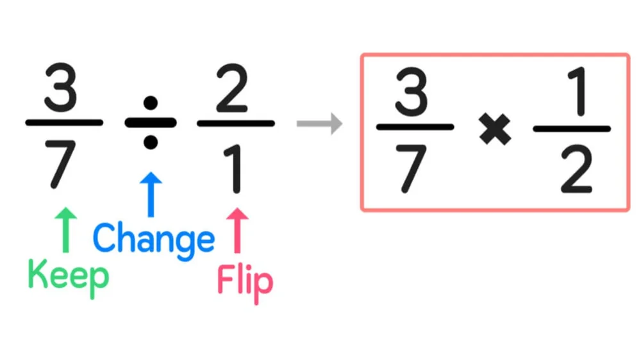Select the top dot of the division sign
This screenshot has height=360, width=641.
coord(150,102)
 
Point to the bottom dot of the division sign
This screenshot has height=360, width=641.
coord(150,143)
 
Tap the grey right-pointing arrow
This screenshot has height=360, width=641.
coord(319,124)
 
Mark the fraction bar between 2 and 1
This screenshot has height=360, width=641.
coord(236,123)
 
